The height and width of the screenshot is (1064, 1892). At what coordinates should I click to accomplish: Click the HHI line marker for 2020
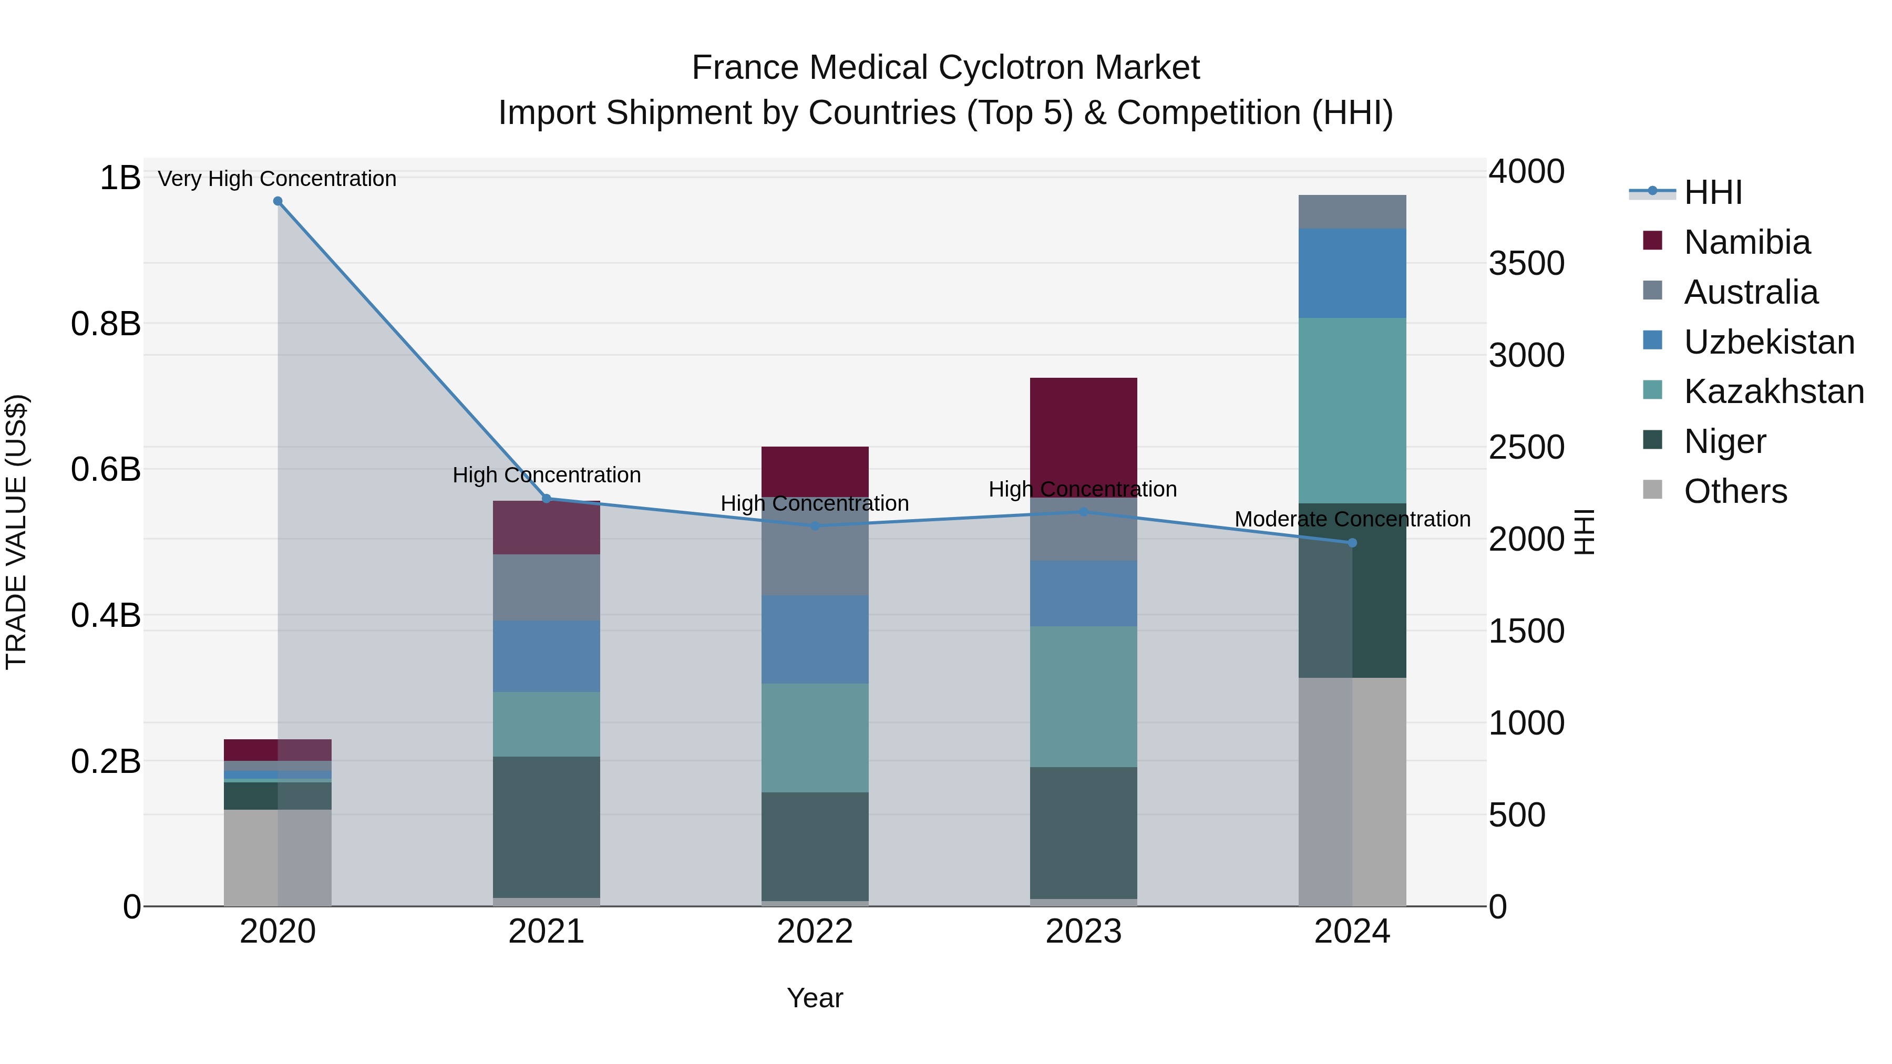click(x=277, y=201)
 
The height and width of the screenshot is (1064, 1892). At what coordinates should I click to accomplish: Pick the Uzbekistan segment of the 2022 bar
click(x=815, y=639)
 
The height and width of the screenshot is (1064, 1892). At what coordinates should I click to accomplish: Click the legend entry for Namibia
click(x=1746, y=242)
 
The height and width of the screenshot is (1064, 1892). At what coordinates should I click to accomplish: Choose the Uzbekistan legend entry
click(x=1768, y=342)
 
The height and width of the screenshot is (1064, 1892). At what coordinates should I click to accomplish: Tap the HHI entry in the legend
click(x=1712, y=192)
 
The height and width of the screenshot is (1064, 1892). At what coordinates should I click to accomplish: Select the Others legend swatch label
click(x=1735, y=491)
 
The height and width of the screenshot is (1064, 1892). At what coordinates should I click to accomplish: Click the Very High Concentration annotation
click(x=277, y=179)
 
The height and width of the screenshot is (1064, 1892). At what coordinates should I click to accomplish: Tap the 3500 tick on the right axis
click(x=1526, y=264)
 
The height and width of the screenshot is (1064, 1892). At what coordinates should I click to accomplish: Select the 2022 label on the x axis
click(x=815, y=932)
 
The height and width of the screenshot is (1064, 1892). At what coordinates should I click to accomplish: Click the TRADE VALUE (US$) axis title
click(x=16, y=532)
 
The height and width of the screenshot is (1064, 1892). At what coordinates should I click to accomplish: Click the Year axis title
click(x=815, y=998)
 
